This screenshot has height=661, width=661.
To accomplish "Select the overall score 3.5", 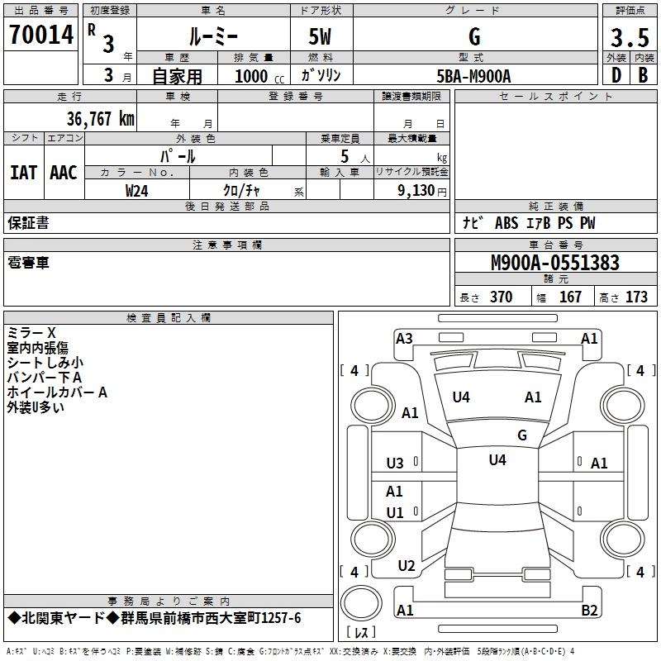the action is tap(629, 38).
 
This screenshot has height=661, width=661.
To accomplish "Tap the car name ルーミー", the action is tap(212, 36).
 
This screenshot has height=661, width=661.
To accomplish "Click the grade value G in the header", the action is tap(473, 36).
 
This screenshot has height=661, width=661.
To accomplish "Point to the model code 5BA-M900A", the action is tap(473, 76).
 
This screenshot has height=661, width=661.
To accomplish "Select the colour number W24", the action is tap(137, 190).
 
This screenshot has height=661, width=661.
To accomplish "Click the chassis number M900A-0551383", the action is tap(554, 263).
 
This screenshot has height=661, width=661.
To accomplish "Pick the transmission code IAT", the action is tap(23, 172).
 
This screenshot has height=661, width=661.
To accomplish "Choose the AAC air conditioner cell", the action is tap(63, 172).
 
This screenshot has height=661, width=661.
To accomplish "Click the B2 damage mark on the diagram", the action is tap(589, 611).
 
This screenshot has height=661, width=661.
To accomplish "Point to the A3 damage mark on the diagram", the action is tap(404, 338).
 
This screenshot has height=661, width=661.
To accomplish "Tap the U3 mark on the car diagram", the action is tap(395, 464).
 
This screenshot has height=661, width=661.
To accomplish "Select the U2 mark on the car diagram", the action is tap(406, 566).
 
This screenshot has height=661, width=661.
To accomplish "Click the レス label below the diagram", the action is tap(364, 632).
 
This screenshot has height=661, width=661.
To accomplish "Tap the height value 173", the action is tap(636, 297).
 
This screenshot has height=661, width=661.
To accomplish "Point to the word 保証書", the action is tap(28, 223).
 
